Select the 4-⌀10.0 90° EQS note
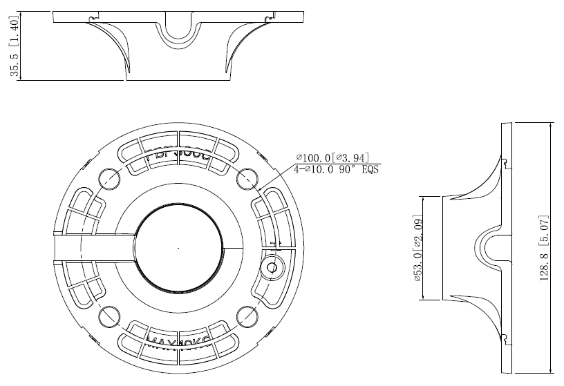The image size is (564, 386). click(336, 168)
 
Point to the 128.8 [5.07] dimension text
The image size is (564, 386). click(544, 247)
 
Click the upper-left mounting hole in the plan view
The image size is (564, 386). click(109, 178)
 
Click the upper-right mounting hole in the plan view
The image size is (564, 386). click(247, 178)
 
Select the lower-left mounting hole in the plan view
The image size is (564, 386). click(109, 316)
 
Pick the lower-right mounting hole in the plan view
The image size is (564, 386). click(247, 316)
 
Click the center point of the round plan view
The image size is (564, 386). click(178, 247)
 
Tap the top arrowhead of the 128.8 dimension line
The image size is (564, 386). click(549, 126)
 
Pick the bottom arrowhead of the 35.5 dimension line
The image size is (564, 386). click(21, 77)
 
